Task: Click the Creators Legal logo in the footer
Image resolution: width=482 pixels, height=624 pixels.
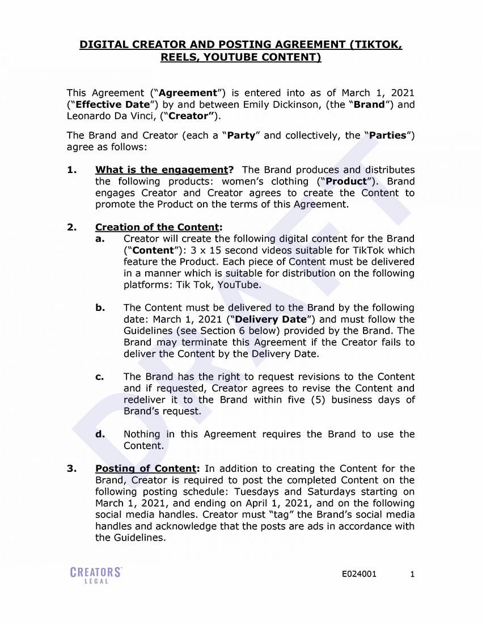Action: (96, 575)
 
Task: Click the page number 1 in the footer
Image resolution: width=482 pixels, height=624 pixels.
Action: (412, 574)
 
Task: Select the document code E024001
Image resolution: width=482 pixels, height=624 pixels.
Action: (359, 574)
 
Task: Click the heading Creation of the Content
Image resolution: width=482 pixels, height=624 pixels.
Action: (157, 227)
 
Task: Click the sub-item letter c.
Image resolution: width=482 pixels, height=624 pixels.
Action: (100, 377)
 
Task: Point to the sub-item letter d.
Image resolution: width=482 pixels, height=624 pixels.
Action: (100, 435)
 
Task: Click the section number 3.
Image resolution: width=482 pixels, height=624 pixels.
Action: (71, 469)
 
